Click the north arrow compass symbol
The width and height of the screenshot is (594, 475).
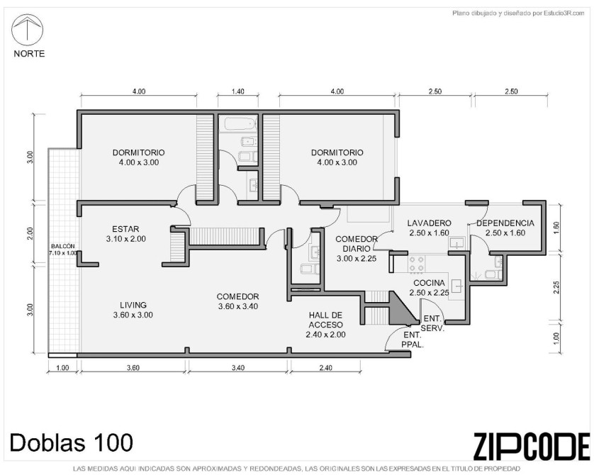click(x=27, y=30)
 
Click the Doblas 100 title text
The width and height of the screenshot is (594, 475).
click(x=71, y=442)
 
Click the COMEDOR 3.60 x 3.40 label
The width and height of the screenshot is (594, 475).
click(x=238, y=301)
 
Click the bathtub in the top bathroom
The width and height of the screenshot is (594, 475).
click(x=238, y=124)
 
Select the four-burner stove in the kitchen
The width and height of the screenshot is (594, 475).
click(x=417, y=264)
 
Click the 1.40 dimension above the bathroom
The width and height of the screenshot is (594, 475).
click(x=238, y=91)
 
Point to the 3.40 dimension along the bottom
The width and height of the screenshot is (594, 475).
click(x=238, y=367)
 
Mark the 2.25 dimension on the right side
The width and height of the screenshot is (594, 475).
click(x=556, y=286)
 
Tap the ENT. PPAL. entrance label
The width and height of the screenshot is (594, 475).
click(x=413, y=340)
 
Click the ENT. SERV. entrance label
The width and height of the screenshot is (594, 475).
click(x=432, y=323)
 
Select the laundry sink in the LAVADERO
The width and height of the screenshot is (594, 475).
click(x=458, y=242)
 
